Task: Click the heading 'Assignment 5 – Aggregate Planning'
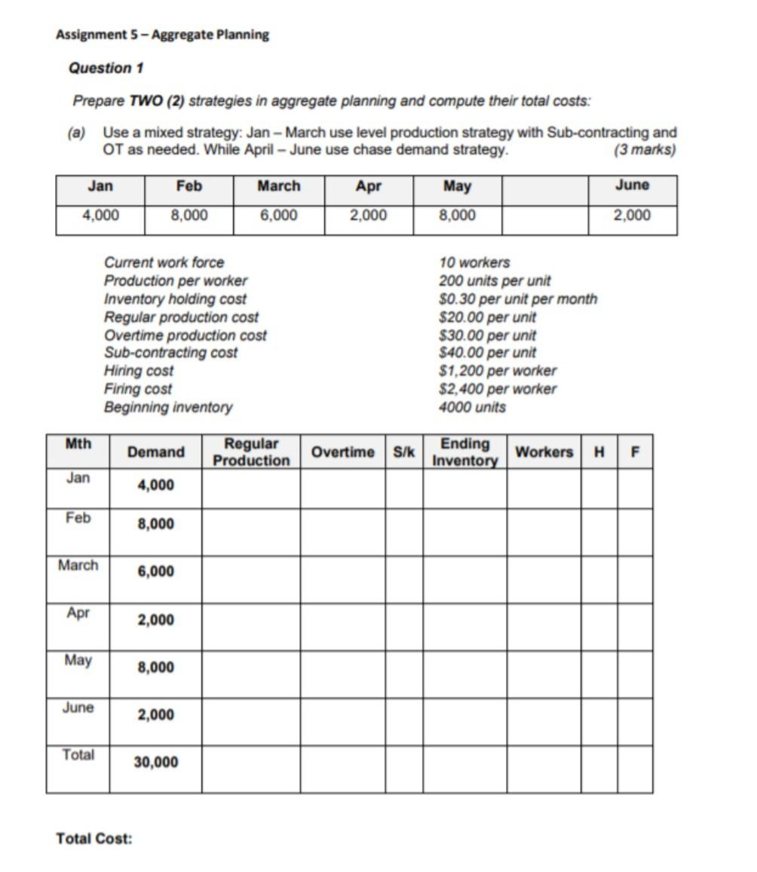[162, 35]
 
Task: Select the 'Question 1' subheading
[106, 68]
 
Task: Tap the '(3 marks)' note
[645, 149]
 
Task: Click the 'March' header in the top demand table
[279, 186]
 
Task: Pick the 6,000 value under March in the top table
[279, 216]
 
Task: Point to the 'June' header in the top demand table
[632, 185]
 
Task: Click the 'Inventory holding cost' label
[175, 298]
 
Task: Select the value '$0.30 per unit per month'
[517, 298]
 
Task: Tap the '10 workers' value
[474, 262]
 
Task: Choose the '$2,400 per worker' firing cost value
[498, 389]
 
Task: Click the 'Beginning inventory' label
[168, 407]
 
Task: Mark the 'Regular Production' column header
[251, 452]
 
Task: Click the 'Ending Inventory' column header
[464, 452]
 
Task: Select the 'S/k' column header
[404, 452]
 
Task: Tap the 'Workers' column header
[544, 452]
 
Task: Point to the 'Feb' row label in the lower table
[78, 518]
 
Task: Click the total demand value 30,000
[156, 762]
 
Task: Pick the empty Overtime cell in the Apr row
[342, 627]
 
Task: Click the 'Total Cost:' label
[94, 838]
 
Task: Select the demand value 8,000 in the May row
[155, 668]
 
